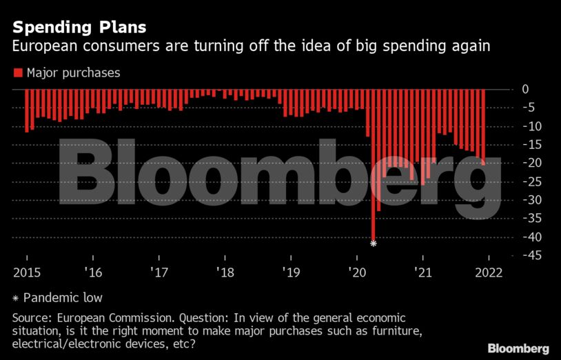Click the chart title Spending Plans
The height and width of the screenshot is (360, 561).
tap(79, 28)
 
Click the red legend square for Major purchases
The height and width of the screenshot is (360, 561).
tap(18, 72)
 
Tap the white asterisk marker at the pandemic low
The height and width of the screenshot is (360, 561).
tap(374, 243)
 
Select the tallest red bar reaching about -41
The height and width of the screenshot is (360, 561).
tap(374, 166)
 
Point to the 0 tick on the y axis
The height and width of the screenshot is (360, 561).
tap(524, 89)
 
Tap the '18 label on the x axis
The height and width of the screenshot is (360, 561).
tap(225, 272)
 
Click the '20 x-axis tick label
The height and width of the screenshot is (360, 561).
tap(357, 272)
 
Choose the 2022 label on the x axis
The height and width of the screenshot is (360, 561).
tap(489, 272)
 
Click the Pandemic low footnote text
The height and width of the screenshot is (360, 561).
tap(63, 298)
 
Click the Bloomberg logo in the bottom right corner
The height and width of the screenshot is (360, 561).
tap(518, 348)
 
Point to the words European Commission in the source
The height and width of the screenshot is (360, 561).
tap(102, 318)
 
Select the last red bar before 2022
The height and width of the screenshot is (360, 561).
tap(483, 127)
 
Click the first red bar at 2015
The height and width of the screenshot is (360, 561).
tap(26, 110)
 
